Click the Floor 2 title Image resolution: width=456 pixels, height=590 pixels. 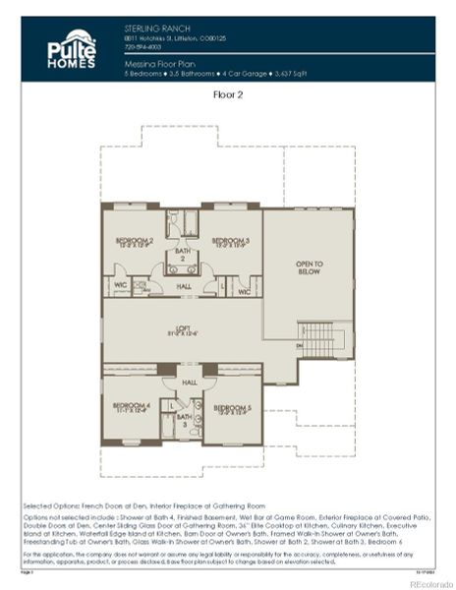pyautogui.click(x=229, y=95)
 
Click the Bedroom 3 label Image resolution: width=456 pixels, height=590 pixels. pyautogui.click(x=230, y=242)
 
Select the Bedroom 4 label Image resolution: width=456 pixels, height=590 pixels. pyautogui.click(x=130, y=407)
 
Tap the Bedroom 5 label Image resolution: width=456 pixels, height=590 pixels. pyautogui.click(x=232, y=408)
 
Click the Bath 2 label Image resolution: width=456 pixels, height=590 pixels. pyautogui.click(x=182, y=254)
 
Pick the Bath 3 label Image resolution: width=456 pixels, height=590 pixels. pyautogui.click(x=184, y=420)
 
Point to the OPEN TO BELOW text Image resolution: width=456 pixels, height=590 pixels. pyautogui.click(x=310, y=267)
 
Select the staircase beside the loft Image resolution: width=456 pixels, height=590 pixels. pyautogui.click(x=320, y=340)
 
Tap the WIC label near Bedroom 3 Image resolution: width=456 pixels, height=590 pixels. pyautogui.click(x=243, y=290)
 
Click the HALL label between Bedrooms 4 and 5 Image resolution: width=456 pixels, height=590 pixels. pyautogui.click(x=187, y=383)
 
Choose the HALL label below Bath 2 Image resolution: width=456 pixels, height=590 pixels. pyautogui.click(x=183, y=287)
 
